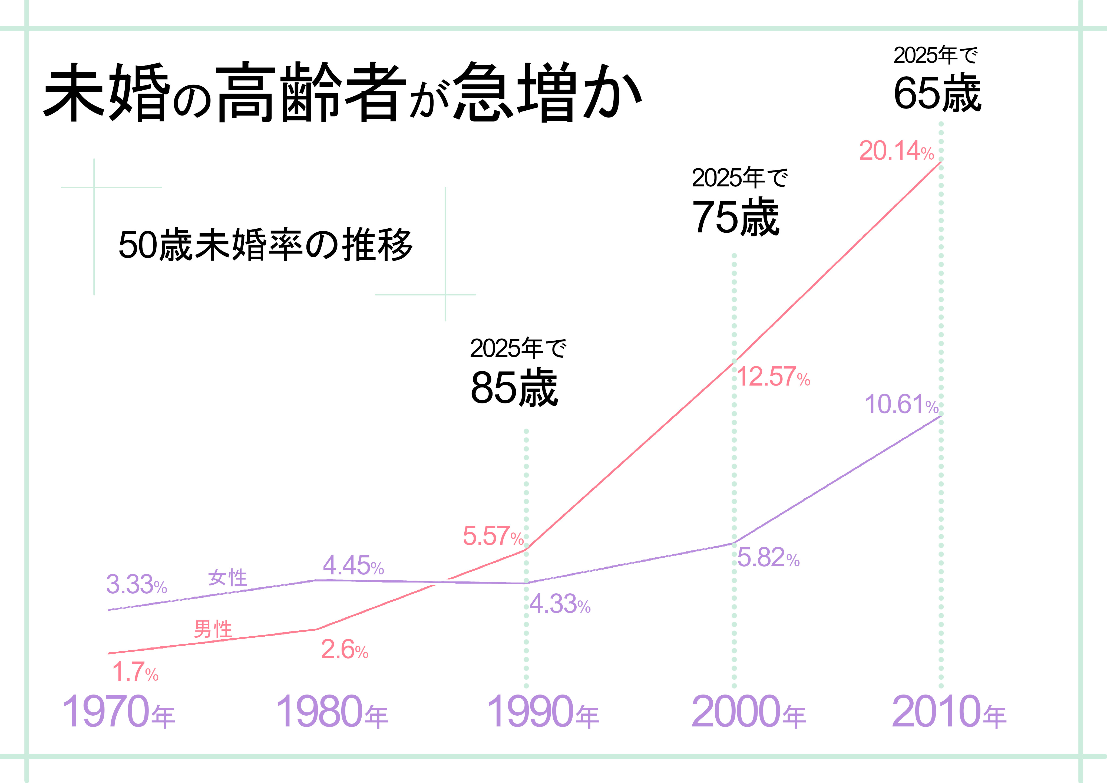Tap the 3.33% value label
136,584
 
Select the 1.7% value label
135,672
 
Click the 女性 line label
227,577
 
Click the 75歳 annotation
735,218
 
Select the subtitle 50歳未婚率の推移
266,245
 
